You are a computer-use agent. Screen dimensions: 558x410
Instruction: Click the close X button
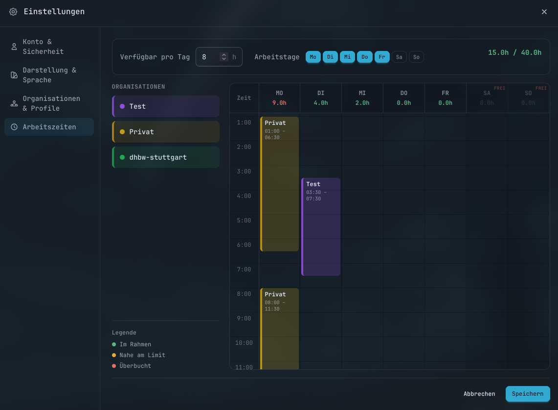tap(544, 12)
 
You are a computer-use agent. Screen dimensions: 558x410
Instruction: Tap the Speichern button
tap(527, 394)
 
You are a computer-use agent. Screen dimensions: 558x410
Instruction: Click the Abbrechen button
tap(479, 394)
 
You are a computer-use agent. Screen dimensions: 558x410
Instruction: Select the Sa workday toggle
tap(399, 57)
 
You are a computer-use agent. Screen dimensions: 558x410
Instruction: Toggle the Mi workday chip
tap(347, 57)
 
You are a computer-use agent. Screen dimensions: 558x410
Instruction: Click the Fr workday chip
tap(382, 57)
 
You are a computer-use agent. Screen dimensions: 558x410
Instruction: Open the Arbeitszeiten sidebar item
tap(49, 127)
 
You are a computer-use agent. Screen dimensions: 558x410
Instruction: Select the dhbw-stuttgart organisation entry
tap(166, 157)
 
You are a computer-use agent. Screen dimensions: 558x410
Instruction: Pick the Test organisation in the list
tap(166, 106)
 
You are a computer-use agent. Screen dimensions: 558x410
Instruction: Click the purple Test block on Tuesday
tap(321, 227)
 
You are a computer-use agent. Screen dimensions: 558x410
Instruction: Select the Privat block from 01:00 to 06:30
tap(279, 184)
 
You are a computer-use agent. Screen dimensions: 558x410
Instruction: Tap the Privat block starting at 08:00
tap(279, 329)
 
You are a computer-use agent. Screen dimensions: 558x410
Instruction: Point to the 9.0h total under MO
tap(279, 103)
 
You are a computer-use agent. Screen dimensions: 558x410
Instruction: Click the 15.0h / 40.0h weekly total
tap(514, 52)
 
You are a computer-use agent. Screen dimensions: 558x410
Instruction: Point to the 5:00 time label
tap(244, 220)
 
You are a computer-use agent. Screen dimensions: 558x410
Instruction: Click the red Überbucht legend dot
tap(114, 366)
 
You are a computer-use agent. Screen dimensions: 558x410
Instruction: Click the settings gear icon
tap(13, 12)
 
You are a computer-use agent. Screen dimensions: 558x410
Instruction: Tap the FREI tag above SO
tap(541, 88)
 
